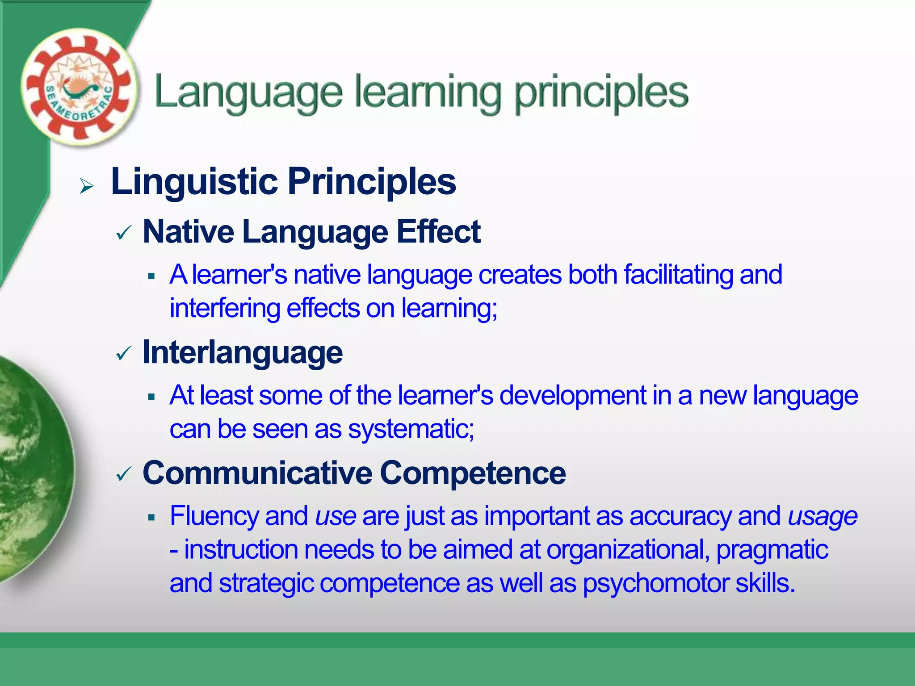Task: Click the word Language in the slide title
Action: [248, 93]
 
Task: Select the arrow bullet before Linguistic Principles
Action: [87, 186]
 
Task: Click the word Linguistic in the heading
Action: [194, 182]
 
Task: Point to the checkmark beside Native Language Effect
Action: [123, 233]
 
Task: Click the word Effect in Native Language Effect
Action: [438, 232]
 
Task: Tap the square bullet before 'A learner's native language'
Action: [151, 276]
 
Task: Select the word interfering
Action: [225, 308]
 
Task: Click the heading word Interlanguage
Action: [243, 353]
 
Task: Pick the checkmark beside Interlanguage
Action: [123, 354]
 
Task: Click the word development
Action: [572, 395]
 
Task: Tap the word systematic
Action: [411, 429]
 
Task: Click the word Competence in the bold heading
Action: [473, 473]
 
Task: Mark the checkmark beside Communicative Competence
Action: [123, 474]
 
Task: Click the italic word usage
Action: [822, 517]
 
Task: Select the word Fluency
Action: [214, 516]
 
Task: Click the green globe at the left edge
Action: [31, 469]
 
